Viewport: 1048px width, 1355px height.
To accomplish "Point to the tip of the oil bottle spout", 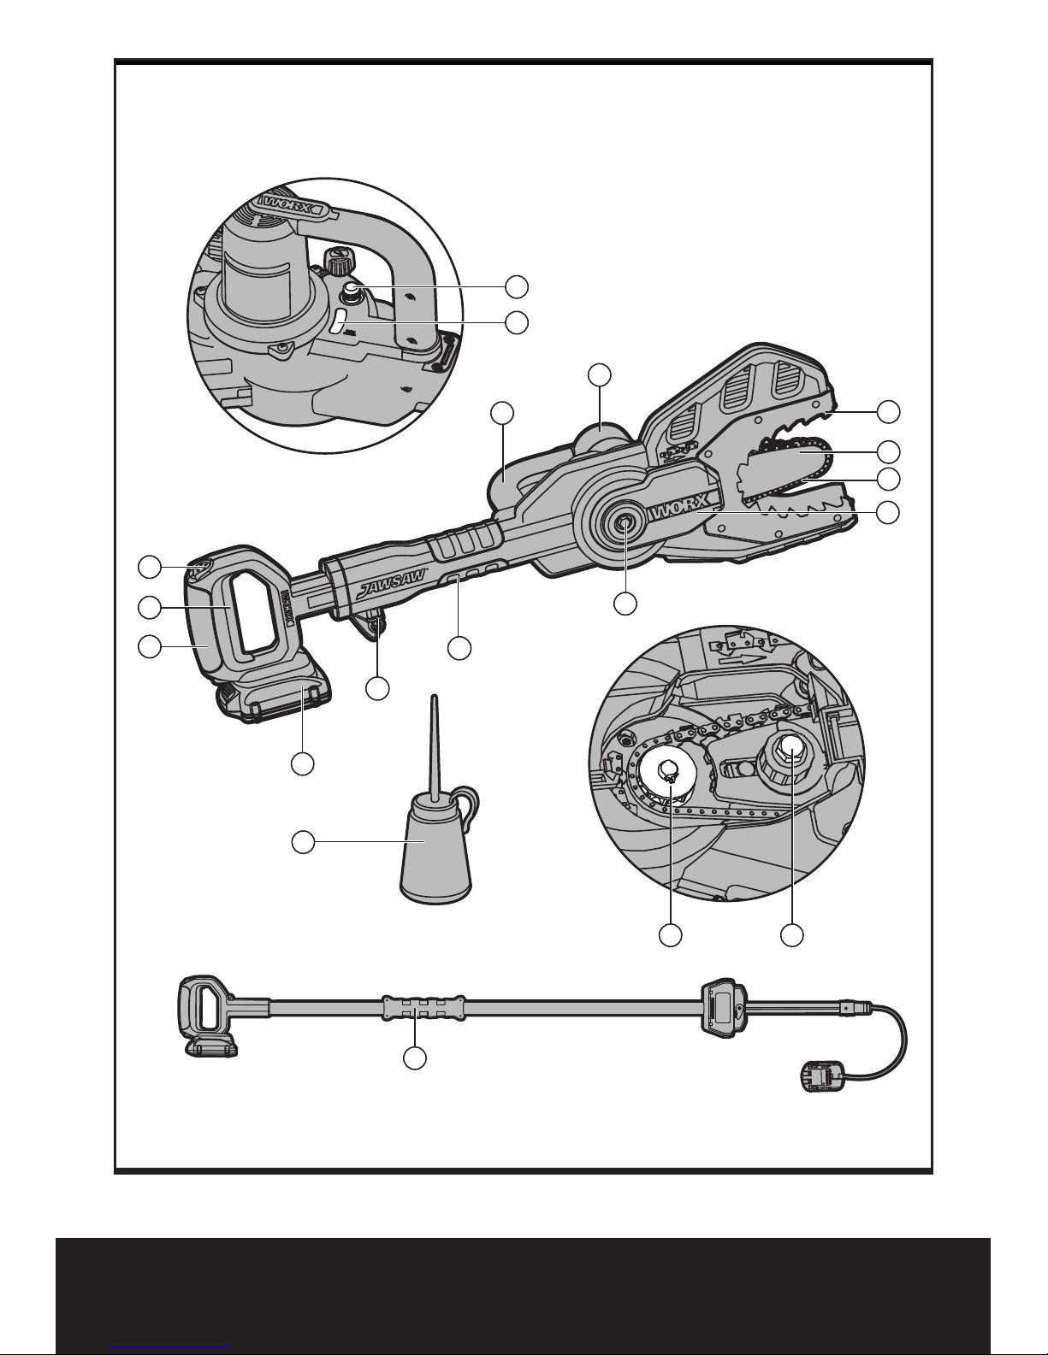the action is (435, 696).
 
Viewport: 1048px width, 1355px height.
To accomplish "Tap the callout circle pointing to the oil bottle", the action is (303, 842).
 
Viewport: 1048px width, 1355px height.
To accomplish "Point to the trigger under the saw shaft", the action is (373, 626).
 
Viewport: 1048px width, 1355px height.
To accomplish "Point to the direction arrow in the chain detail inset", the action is (742, 658).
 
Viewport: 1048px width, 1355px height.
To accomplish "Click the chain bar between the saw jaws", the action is (787, 464).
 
